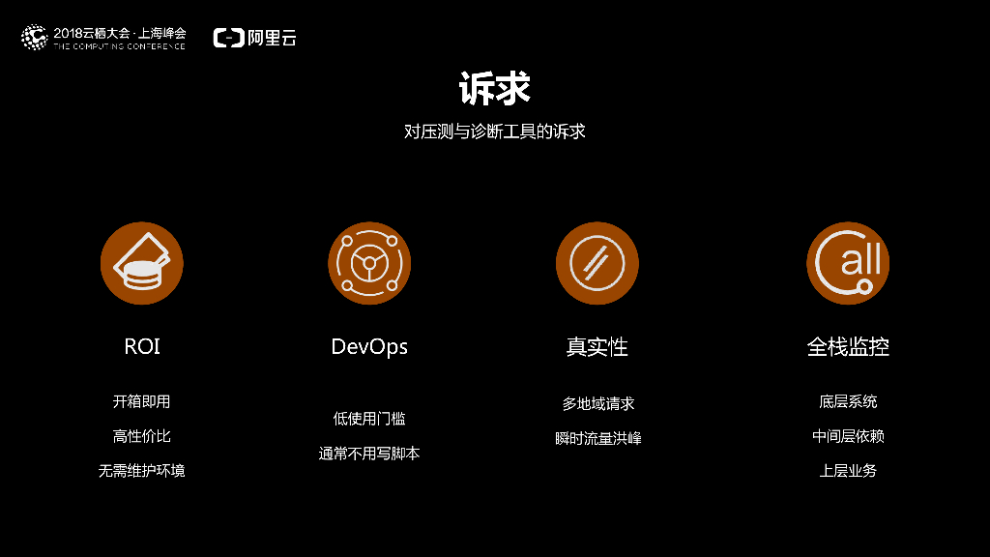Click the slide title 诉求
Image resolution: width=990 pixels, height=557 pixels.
coord(494,89)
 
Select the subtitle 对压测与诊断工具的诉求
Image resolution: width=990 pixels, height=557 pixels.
coord(494,132)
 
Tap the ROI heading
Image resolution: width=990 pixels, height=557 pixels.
coord(142,346)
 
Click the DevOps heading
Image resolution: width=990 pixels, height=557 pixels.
coord(369,346)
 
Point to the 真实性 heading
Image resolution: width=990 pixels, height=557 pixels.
coord(597,346)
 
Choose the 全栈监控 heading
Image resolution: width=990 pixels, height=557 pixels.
coord(848,346)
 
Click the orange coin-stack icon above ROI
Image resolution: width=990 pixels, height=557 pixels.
coord(142,263)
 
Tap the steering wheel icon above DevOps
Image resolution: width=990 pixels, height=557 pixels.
coord(369,263)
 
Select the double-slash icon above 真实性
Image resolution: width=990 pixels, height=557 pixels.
coord(597,263)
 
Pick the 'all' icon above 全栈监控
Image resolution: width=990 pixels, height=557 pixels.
coord(848,263)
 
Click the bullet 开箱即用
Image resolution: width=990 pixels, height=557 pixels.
coord(142,401)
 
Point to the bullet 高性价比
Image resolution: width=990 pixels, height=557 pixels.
coord(142,436)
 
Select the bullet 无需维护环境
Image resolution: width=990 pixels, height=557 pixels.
coord(142,471)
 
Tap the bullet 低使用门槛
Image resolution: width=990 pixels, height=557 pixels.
coord(369,419)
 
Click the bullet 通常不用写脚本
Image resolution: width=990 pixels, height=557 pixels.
coord(369,454)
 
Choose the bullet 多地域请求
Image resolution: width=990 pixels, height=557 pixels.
coord(597,403)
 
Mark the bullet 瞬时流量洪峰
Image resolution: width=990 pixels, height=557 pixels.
coord(597,438)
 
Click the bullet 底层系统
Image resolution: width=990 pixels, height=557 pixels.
coord(848,401)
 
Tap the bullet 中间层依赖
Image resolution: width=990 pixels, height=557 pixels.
coord(848,436)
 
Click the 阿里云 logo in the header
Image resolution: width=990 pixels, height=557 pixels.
coord(255,38)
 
